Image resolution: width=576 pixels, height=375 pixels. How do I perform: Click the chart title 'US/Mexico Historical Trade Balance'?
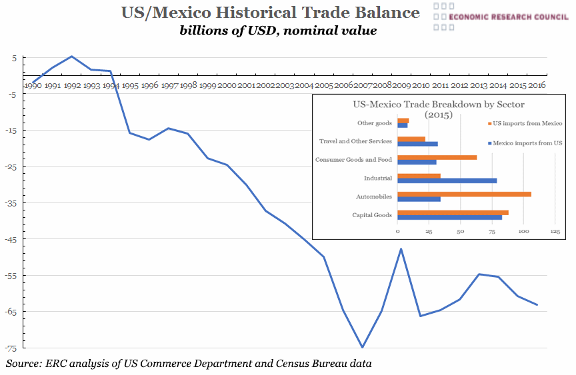click(x=271, y=13)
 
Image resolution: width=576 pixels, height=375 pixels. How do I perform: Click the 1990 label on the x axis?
click(x=33, y=86)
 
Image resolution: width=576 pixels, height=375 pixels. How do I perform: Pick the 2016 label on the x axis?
click(x=537, y=86)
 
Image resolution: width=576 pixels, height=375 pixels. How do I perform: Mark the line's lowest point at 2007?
click(x=362, y=347)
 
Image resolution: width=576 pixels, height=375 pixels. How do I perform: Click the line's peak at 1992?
click(x=71, y=57)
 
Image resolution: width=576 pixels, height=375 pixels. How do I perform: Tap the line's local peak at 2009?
click(x=401, y=248)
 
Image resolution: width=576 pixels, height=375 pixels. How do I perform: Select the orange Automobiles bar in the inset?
click(x=464, y=194)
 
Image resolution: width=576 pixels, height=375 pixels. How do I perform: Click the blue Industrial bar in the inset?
click(x=447, y=181)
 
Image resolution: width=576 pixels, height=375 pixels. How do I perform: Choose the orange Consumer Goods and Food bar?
click(x=437, y=157)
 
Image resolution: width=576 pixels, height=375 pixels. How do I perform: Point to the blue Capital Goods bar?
click(x=449, y=217)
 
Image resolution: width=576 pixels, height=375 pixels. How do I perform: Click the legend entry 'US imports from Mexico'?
click(x=525, y=123)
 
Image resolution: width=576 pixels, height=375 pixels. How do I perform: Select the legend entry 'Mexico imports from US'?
click(x=525, y=143)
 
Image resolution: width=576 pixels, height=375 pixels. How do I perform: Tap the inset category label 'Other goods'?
click(x=375, y=123)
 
